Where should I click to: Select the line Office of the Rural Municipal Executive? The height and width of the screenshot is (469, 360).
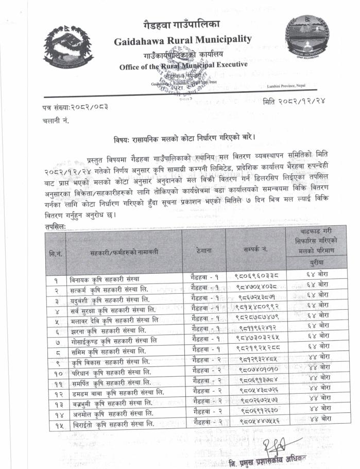point(183,65)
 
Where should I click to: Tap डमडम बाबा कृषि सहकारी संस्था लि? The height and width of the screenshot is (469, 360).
point(116,394)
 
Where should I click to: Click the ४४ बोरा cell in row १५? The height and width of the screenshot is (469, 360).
point(317,421)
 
